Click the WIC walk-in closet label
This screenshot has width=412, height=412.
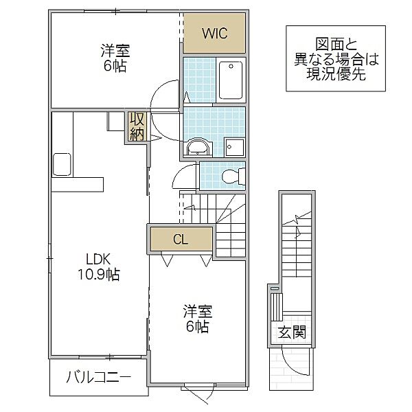pyautogui.click(x=214, y=33)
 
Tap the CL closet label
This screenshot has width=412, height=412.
pyautogui.click(x=180, y=240)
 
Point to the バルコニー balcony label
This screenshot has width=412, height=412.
pyautogui.click(x=99, y=376)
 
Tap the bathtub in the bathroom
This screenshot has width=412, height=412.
pyautogui.click(x=230, y=81)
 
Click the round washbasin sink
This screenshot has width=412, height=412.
pyautogui.click(x=198, y=146)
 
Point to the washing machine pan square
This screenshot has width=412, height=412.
pyautogui.click(x=234, y=147)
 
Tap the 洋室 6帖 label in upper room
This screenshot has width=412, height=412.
pyautogui.click(x=115, y=58)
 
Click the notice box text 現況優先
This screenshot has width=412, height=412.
pyautogui.click(x=335, y=73)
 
